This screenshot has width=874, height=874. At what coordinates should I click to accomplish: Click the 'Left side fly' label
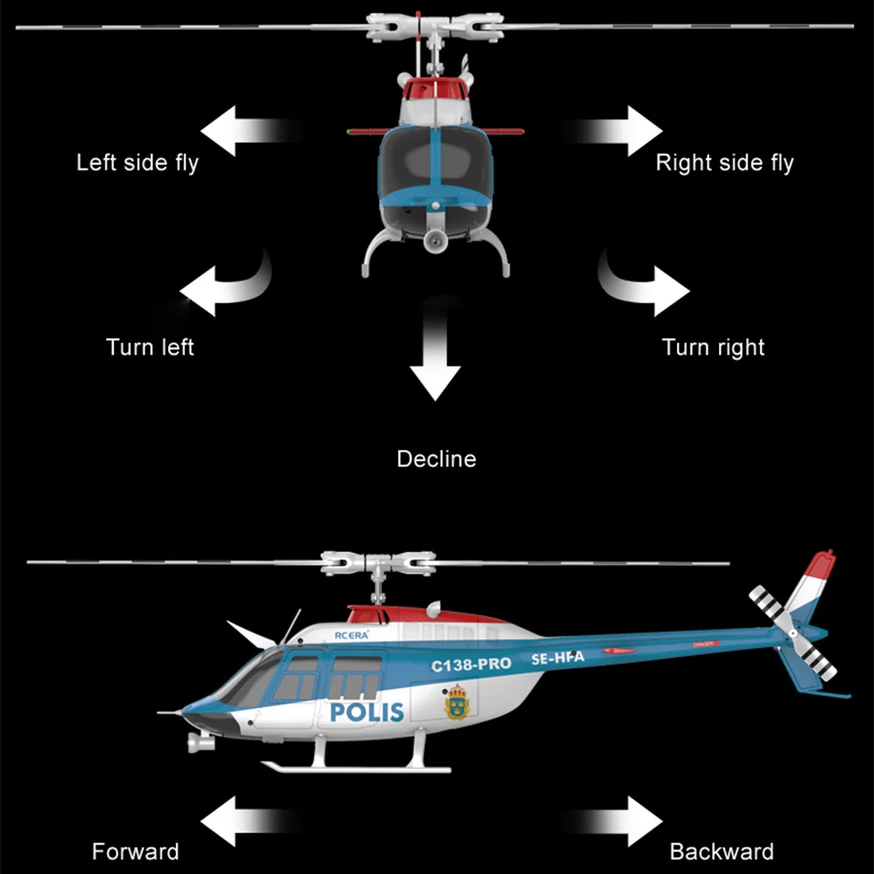137,163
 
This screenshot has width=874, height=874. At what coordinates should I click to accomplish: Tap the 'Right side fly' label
724,163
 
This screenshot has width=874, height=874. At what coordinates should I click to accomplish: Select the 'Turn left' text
150,347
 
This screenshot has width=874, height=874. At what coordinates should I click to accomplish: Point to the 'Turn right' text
713,347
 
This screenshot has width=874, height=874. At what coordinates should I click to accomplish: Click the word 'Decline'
436,459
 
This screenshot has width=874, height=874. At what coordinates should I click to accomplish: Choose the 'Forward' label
135,852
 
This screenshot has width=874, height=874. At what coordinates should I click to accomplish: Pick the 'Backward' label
721,852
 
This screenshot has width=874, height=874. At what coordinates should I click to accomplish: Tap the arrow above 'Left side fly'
244,130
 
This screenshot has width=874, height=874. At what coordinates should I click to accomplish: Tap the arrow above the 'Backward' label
621,820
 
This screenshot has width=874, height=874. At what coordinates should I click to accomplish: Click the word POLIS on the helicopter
367,711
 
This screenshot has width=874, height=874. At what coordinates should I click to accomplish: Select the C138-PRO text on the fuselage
470,664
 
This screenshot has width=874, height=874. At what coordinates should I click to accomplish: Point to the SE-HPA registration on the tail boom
557,657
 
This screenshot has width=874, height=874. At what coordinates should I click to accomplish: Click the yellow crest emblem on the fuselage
457,703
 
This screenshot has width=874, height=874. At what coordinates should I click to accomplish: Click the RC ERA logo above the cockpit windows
351,635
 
